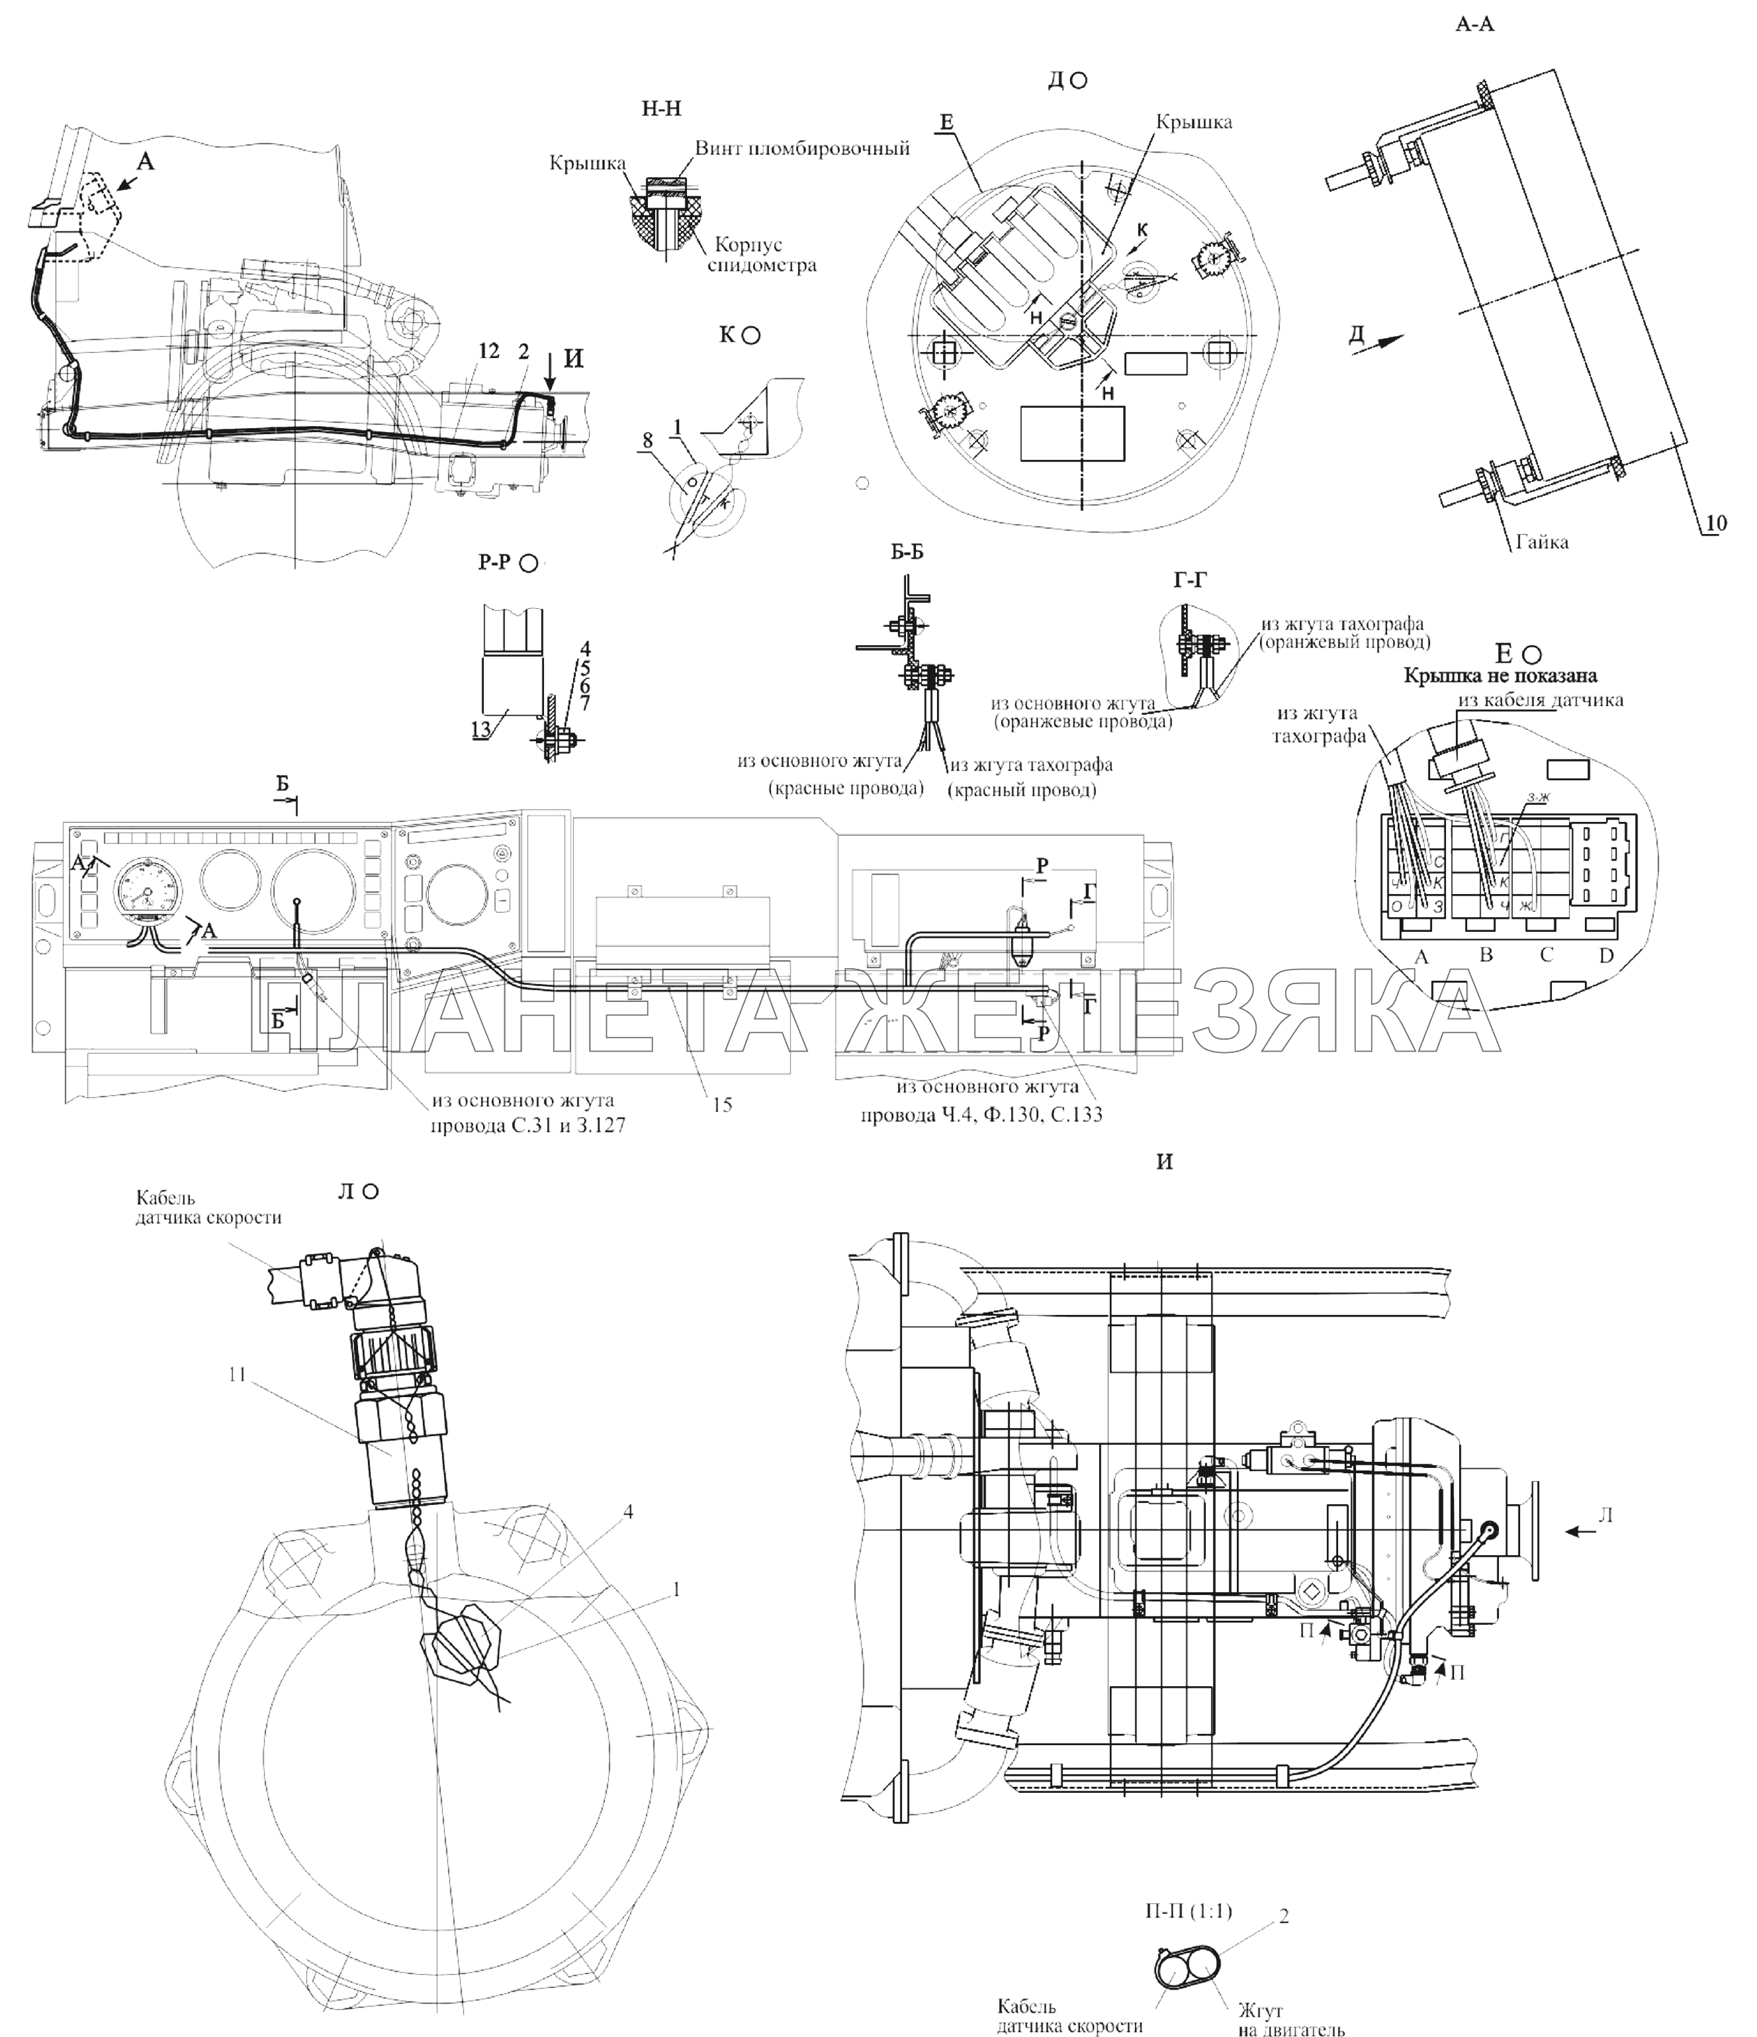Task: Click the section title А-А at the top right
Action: (1474, 24)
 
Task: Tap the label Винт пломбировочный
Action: (801, 148)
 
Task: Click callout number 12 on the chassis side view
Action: (488, 351)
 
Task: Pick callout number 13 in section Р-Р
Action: (482, 727)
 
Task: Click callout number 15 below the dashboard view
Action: (723, 1105)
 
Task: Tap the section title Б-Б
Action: (907, 553)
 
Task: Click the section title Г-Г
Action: (1190, 581)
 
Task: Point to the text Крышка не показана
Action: (1500, 676)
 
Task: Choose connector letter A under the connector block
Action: (1419, 956)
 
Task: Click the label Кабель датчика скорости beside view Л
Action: (208, 1207)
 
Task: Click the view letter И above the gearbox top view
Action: (1165, 1161)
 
